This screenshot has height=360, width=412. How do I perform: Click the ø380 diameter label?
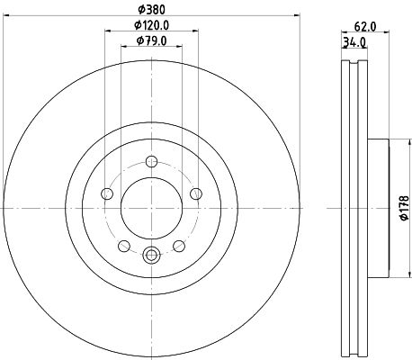[x=150, y=12]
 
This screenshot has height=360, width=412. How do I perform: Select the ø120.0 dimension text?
[x=150, y=25]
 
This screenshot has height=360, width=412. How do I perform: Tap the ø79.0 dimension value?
[x=150, y=40]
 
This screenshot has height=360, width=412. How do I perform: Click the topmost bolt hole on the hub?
[x=151, y=162]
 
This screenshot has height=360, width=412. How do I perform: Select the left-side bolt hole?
[x=107, y=193]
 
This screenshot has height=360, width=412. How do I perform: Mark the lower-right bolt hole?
[x=179, y=245]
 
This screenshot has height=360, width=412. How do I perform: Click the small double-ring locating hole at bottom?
[x=151, y=256]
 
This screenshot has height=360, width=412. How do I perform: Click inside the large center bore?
[x=151, y=208]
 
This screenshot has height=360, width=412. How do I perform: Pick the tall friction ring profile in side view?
[x=356, y=207]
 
